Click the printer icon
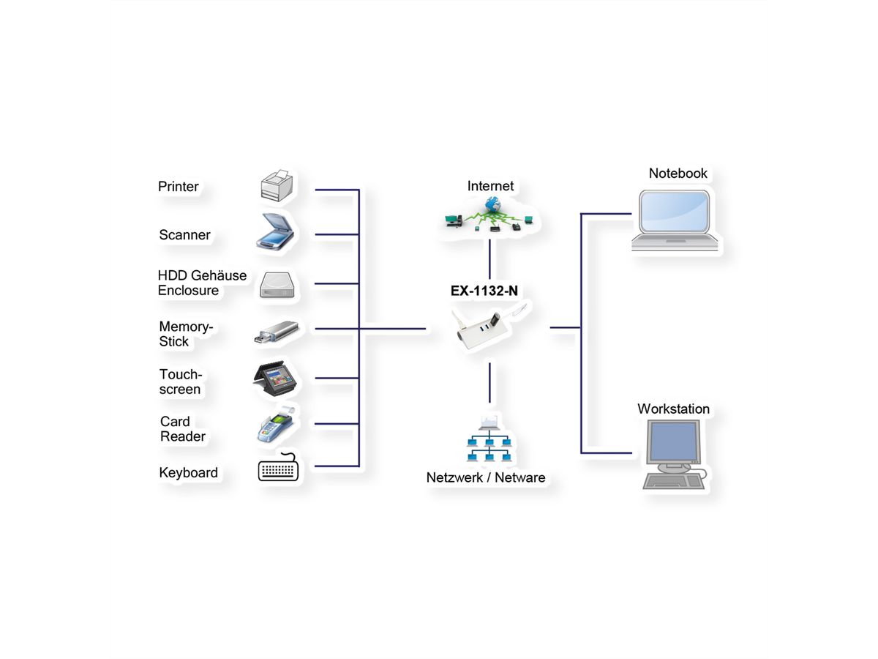[277, 185]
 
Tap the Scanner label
[184, 235]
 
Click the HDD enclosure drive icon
[277, 285]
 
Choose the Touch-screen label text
[180, 381]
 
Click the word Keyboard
[188, 473]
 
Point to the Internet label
[490, 186]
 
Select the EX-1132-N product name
[484, 290]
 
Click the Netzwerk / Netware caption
[486, 477]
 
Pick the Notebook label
[678, 174]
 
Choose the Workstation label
[673, 409]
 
